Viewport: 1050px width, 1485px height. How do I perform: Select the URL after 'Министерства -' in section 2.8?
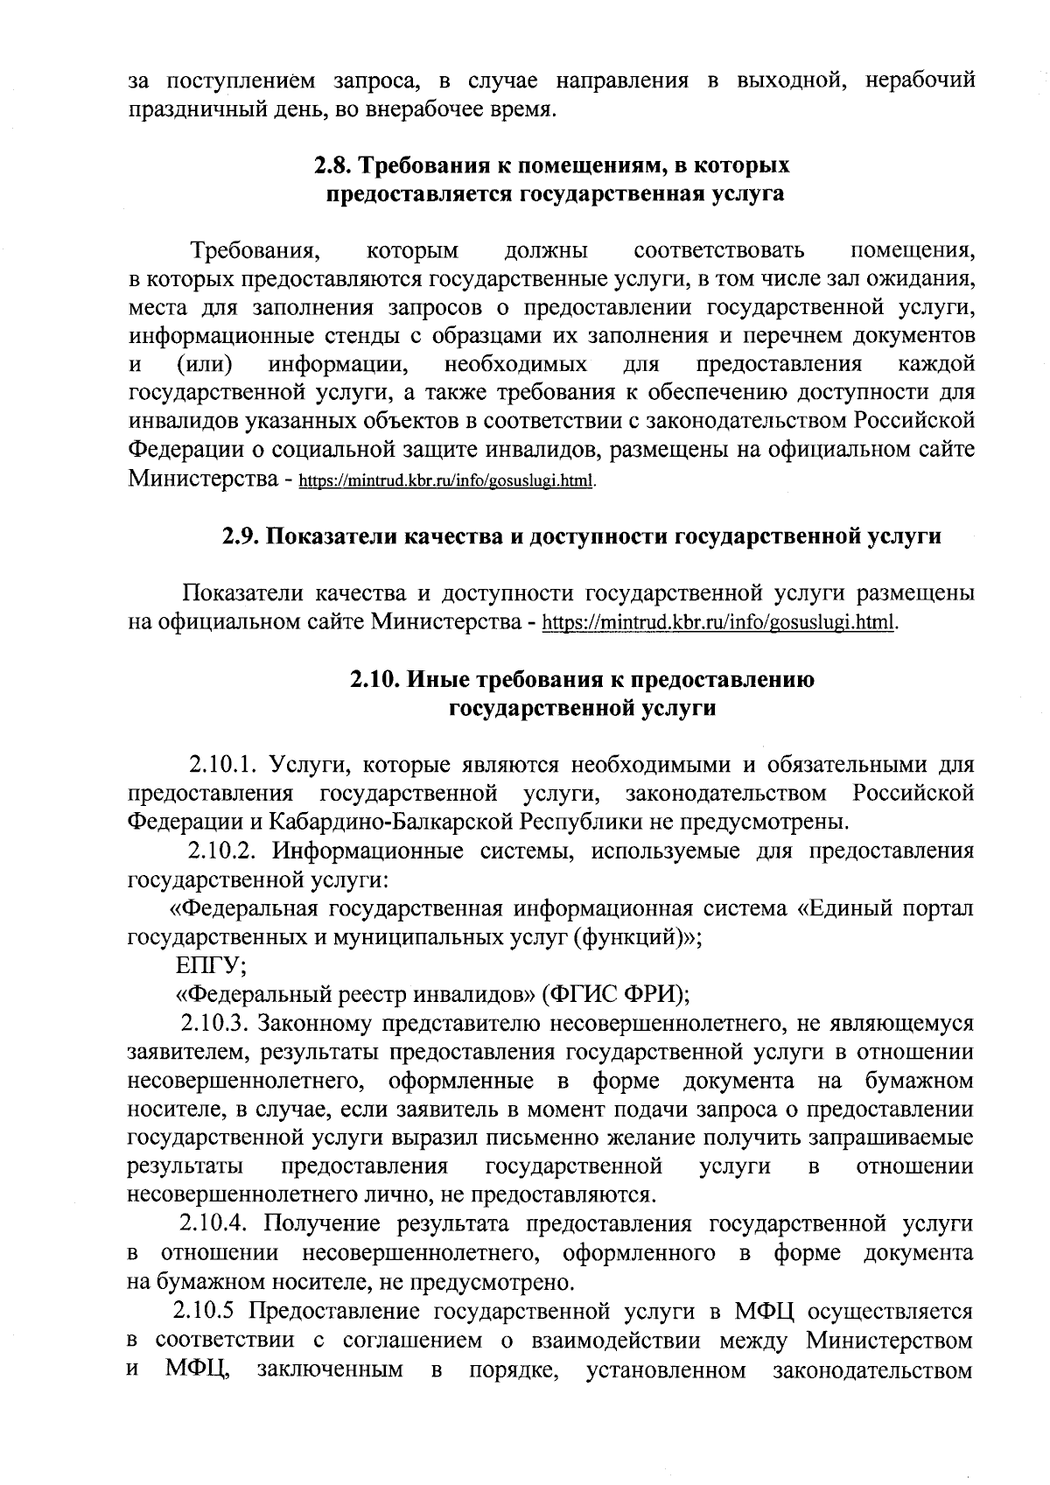point(447,481)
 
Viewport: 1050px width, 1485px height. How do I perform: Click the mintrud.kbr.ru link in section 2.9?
point(721,623)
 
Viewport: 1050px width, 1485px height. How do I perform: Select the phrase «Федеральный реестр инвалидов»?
point(355,994)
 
